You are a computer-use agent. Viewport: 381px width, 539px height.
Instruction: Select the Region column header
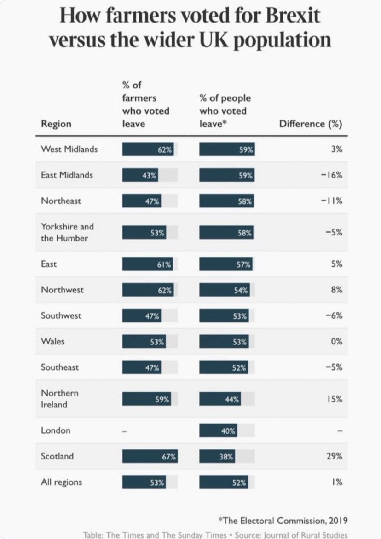click(x=56, y=124)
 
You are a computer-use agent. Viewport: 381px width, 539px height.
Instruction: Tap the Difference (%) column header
click(x=311, y=124)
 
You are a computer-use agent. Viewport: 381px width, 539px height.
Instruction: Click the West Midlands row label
click(x=69, y=149)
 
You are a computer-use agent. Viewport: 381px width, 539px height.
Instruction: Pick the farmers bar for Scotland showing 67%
click(x=150, y=457)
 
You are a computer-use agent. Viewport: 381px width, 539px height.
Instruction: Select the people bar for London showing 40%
click(x=218, y=431)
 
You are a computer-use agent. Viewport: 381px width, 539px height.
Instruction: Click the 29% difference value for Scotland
click(x=335, y=456)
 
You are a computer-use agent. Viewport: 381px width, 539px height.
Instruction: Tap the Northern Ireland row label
click(x=60, y=399)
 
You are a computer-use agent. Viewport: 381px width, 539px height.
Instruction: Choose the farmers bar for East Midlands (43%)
click(x=140, y=175)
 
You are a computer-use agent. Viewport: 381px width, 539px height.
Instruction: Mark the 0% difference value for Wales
click(x=336, y=341)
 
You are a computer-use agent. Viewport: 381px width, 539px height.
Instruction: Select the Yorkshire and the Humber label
click(x=67, y=232)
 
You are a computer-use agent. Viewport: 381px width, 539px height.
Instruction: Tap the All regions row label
click(x=61, y=482)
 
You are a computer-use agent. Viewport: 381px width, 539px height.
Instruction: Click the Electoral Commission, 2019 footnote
click(x=283, y=520)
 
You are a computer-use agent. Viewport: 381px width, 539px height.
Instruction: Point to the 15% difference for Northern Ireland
click(x=335, y=399)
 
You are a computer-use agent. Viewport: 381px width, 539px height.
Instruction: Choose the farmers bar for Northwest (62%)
click(x=148, y=290)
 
